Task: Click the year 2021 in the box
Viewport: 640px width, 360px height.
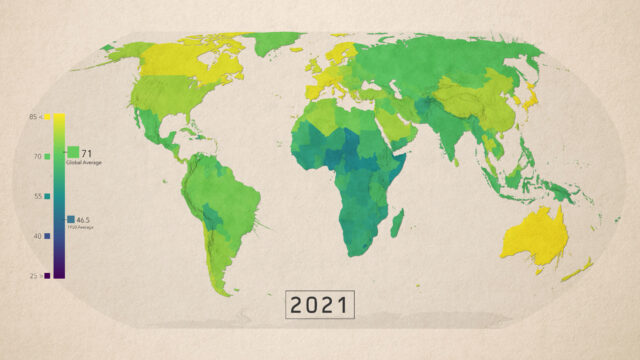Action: pyautogui.click(x=320, y=304)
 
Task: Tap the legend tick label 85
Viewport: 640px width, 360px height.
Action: pyautogui.click(x=34, y=118)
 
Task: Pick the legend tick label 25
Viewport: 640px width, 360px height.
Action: pyautogui.click(x=34, y=275)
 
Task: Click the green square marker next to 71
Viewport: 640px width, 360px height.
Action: pyautogui.click(x=73, y=154)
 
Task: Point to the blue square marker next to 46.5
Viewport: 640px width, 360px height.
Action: pyautogui.click(x=70, y=219)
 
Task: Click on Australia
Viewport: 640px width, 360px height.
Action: pyautogui.click(x=541, y=236)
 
